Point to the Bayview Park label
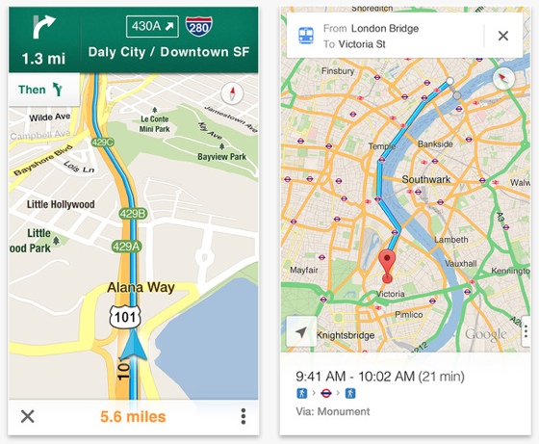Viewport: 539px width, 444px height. [222, 154]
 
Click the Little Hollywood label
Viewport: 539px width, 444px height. [61, 204]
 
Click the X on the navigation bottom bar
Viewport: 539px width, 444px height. [28, 417]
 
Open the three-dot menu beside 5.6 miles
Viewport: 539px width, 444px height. [244, 417]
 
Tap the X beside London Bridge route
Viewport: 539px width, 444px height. [502, 36]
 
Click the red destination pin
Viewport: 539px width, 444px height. [387, 262]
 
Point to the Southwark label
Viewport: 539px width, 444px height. [425, 180]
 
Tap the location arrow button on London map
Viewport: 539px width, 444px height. [301, 331]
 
